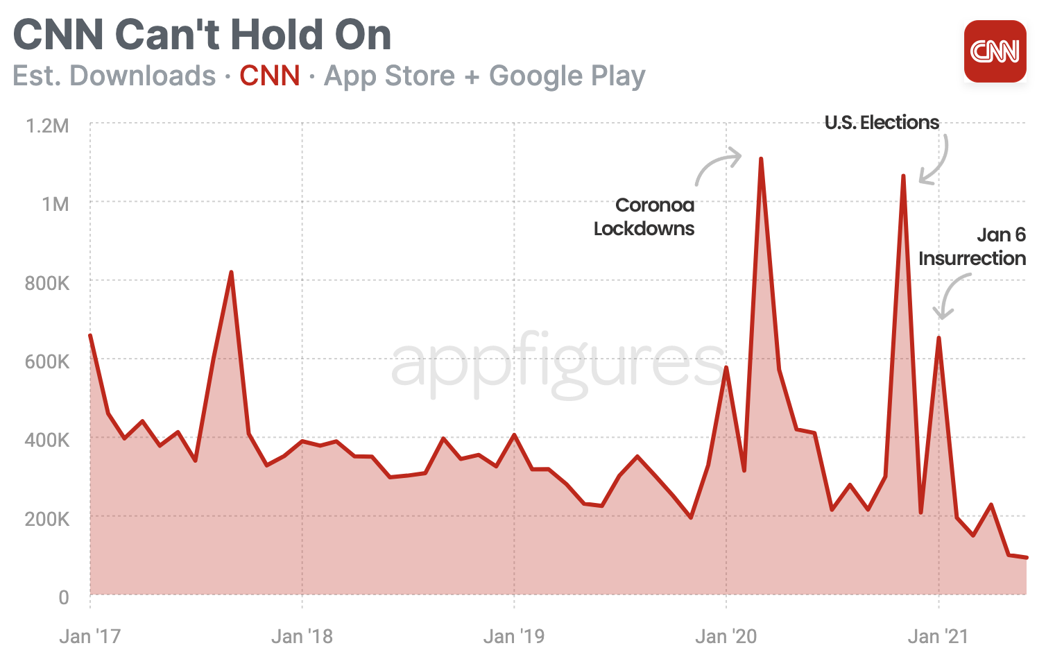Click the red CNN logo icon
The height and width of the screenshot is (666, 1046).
(x=995, y=51)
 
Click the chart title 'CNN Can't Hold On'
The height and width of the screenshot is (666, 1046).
(x=202, y=35)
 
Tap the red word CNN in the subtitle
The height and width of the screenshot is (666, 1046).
(x=270, y=76)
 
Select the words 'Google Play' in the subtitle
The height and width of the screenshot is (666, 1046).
(x=567, y=76)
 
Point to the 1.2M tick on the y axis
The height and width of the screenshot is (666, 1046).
(x=46, y=126)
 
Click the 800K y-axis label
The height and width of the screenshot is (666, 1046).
(x=46, y=283)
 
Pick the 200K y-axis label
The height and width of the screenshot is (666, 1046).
(x=46, y=519)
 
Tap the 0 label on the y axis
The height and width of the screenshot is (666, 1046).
(x=63, y=597)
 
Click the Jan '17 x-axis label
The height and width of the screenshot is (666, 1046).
(x=89, y=636)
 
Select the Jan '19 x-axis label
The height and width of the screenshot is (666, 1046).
(x=513, y=636)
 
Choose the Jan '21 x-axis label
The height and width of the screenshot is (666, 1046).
(x=938, y=636)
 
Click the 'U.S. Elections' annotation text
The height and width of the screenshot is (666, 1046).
(x=881, y=123)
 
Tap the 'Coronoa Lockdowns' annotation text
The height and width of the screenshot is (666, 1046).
(x=644, y=216)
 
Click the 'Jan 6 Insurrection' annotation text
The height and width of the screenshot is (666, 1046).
(x=972, y=246)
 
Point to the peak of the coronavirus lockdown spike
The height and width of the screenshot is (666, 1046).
(x=761, y=159)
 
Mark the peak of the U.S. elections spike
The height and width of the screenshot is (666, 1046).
(x=903, y=176)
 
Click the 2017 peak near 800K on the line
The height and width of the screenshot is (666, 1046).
(x=231, y=273)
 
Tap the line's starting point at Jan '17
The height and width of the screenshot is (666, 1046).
(x=90, y=336)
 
